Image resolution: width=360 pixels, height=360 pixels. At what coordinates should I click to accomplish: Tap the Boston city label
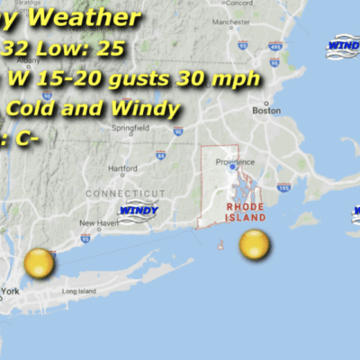[x=265, y=111]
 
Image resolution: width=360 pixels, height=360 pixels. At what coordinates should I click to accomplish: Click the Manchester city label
[x=231, y=21]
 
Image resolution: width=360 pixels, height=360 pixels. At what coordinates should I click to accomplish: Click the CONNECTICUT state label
[x=126, y=193]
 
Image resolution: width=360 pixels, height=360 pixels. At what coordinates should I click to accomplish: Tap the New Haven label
[x=99, y=223]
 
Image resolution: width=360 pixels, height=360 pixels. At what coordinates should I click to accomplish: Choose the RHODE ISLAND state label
[x=244, y=212]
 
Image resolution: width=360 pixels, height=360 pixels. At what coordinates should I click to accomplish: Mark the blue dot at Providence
[x=232, y=166]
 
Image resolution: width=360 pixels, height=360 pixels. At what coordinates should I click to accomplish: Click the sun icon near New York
[x=40, y=264]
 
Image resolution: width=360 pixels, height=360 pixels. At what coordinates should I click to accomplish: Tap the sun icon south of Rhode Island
[x=255, y=244]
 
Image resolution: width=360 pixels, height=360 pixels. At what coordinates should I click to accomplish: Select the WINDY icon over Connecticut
[x=138, y=212]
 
